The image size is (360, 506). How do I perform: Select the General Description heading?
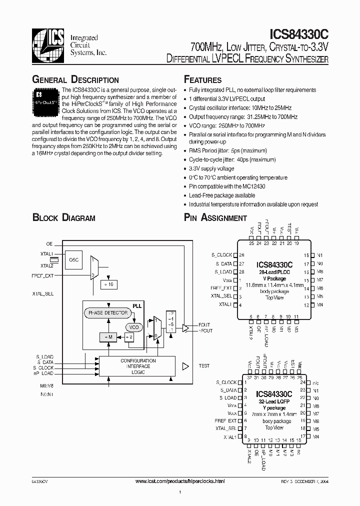pos(75,80)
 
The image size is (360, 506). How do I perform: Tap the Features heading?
pos(202,80)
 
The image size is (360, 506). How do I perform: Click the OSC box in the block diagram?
pos(73,259)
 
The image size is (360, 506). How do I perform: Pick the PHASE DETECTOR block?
pos(108,313)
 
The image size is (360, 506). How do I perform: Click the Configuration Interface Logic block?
pos(137,366)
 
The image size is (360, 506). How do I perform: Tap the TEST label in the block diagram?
pos(204,366)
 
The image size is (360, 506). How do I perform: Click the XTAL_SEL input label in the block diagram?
pos(43,293)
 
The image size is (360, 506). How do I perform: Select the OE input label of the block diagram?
pos(49,243)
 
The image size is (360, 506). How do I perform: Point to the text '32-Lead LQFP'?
pos(274,401)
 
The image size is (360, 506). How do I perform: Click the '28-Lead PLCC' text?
pos(274,272)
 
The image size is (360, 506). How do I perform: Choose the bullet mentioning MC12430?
pos(227,186)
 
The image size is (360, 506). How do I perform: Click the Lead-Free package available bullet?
pos(222,195)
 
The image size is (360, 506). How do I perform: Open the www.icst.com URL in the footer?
pos(180,480)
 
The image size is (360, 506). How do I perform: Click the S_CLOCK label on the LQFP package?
pos(227,382)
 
